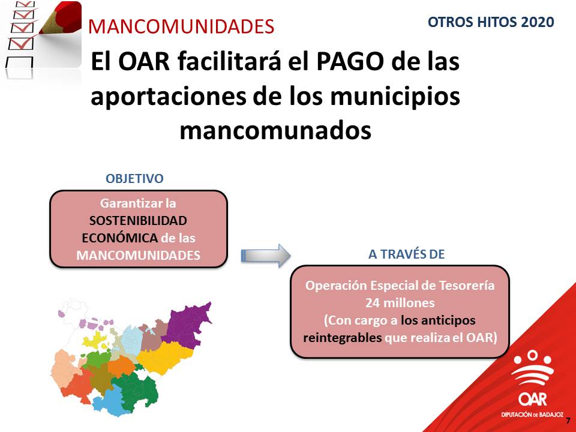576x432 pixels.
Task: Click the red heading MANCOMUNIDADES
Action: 181,26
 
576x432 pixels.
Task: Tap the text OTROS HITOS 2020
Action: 491,22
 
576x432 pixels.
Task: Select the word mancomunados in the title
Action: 275,130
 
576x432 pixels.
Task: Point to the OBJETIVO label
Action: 134,179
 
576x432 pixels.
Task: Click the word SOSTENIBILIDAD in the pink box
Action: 138,220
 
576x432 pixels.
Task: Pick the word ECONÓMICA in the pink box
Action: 120,238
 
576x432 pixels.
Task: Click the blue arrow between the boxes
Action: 266,256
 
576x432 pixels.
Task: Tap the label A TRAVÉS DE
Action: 406,254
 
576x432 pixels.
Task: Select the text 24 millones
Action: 400,302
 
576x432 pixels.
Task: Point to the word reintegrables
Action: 343,337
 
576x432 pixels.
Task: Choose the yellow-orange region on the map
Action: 166,356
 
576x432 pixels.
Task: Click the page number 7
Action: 568,421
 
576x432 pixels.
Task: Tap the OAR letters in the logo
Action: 532,399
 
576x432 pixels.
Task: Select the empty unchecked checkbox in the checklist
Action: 19,62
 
